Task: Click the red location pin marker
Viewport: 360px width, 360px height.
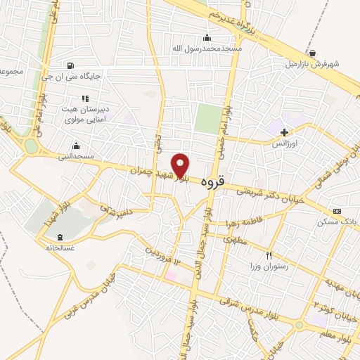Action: click(181, 165)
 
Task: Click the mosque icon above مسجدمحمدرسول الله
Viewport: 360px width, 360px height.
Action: click(206, 38)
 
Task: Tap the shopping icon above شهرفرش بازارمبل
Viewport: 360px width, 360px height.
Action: click(312, 53)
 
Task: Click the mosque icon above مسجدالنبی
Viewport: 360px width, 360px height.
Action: click(75, 146)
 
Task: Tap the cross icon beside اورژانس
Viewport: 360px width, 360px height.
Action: click(284, 132)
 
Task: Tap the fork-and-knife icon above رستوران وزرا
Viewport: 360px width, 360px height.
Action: click(268, 255)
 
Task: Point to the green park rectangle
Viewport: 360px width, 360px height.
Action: click(207, 118)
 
